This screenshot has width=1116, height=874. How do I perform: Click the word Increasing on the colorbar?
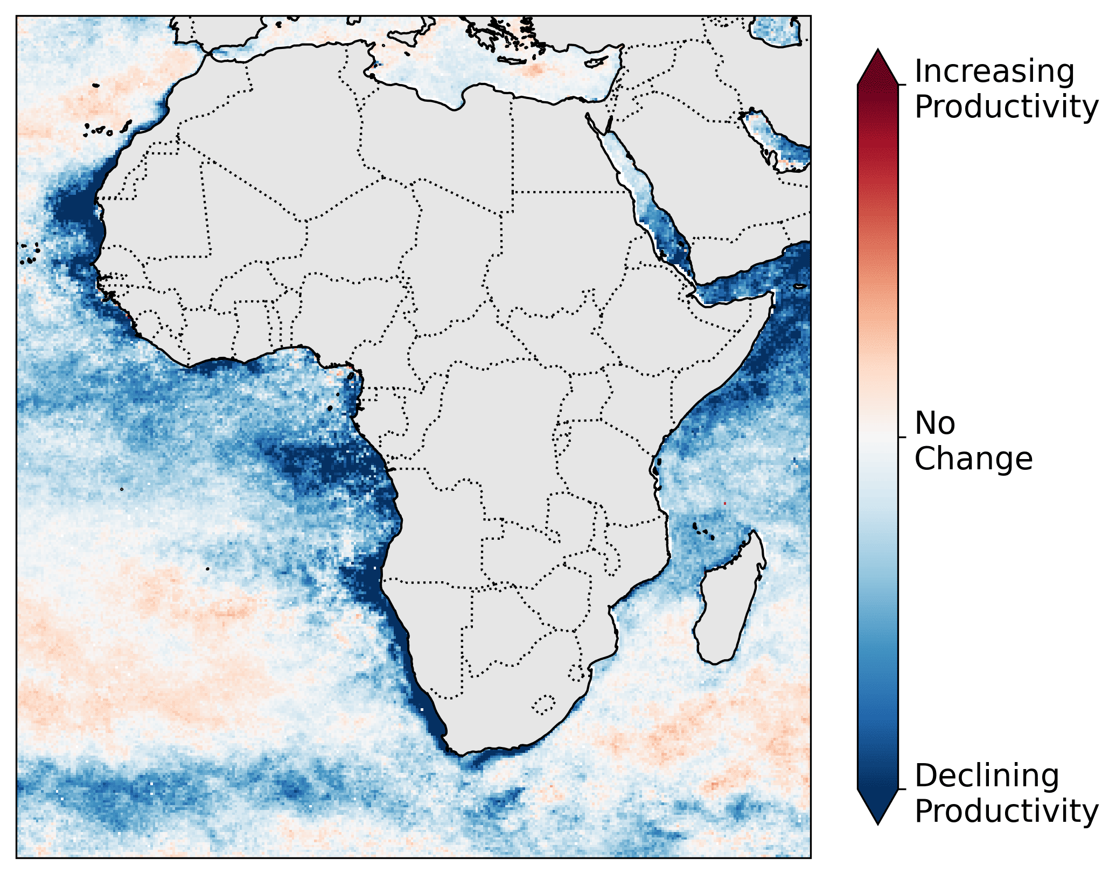pos(994,72)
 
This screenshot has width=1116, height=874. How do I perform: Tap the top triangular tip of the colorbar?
pos(878,53)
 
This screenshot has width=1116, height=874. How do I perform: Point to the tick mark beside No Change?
pos(902,437)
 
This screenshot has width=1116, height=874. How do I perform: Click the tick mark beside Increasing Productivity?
pos(902,84)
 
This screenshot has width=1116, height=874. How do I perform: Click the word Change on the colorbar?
pos(973,459)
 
